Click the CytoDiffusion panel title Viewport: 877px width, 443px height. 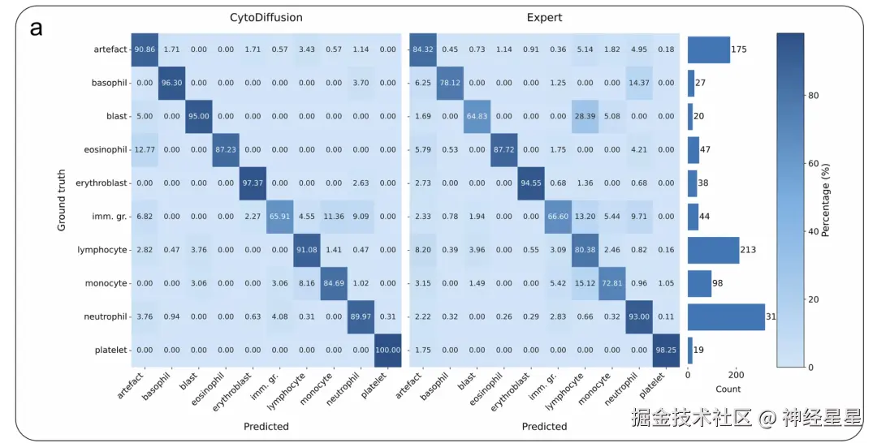pyautogui.click(x=266, y=16)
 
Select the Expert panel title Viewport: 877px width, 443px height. pyautogui.click(x=544, y=16)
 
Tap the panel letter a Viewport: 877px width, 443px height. pyautogui.click(x=36, y=29)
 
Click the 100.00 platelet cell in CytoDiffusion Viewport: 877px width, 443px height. pyautogui.click(x=387, y=350)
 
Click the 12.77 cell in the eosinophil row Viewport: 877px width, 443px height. pyautogui.click(x=145, y=149)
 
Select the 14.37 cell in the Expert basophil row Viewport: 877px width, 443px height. pyautogui.click(x=640, y=83)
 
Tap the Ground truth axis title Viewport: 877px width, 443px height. pyautogui.click(x=62, y=200)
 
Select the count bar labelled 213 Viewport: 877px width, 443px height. pyautogui.click(x=712, y=250)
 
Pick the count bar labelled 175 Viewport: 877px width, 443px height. pyautogui.click(x=708, y=49)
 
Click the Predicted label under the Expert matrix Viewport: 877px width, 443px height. pyautogui.click(x=544, y=426)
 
